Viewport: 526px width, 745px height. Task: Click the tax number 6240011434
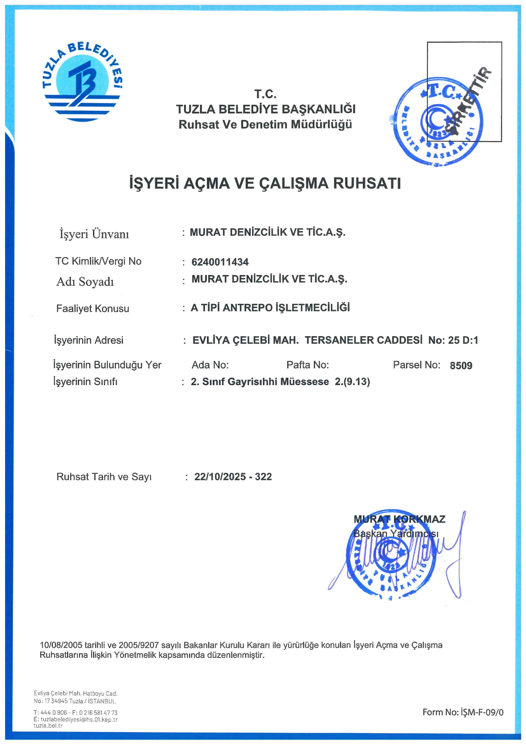(x=220, y=262)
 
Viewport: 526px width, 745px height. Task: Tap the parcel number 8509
(x=461, y=366)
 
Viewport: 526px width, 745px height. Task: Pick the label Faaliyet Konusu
(x=93, y=309)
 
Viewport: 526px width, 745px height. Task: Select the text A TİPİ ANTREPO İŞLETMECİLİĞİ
(x=270, y=308)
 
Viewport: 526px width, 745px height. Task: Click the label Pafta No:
(x=308, y=365)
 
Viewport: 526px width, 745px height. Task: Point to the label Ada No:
(x=210, y=365)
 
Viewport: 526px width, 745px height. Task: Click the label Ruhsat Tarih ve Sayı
(x=104, y=477)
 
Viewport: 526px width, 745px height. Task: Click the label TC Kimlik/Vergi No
(x=98, y=261)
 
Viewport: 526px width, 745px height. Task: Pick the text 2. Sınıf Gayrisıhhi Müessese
(x=260, y=382)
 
